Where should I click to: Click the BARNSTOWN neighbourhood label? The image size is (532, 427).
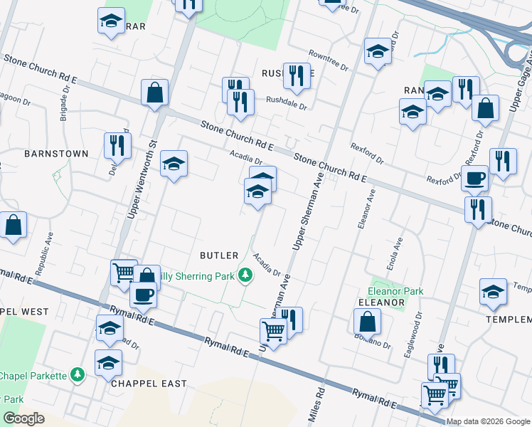[56, 154]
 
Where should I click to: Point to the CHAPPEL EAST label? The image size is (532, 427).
[149, 384]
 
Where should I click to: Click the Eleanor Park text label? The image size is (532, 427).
[395, 291]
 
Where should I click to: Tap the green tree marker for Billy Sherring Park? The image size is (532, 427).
[245, 275]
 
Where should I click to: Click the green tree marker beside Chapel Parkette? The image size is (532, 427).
[78, 375]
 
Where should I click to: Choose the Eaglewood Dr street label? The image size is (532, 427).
[413, 334]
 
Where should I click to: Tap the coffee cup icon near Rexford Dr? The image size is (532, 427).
[474, 179]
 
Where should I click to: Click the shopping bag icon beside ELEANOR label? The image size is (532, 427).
[366, 322]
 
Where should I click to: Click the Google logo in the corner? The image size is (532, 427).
[23, 418]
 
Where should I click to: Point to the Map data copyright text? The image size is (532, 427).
[489, 421]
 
